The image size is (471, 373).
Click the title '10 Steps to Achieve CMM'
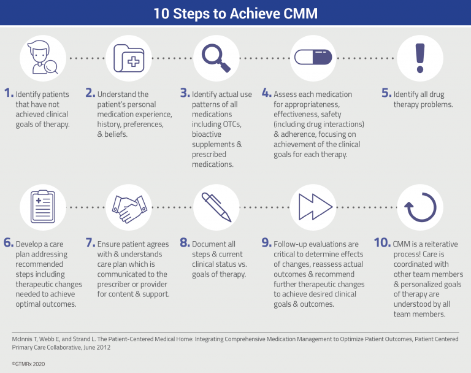click(x=235, y=13)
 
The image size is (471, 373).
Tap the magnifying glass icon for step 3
click(x=215, y=57)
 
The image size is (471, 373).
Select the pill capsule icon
click(x=313, y=57)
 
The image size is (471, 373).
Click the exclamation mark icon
click(x=420, y=58)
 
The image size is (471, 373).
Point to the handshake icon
click(x=129, y=209)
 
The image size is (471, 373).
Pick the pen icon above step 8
click(x=216, y=207)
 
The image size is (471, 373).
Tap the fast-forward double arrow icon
click(x=315, y=207)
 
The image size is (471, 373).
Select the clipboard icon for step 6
click(x=43, y=207)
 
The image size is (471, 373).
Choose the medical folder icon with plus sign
click(x=129, y=58)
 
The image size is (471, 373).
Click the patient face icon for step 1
click(x=42, y=57)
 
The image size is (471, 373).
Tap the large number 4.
click(x=267, y=93)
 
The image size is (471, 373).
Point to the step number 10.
click(x=382, y=242)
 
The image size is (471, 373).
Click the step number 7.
click(x=90, y=242)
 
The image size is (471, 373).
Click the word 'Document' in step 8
click(x=209, y=244)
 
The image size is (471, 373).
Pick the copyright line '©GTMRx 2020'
click(x=28, y=364)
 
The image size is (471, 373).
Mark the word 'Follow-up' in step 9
click(x=290, y=244)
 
